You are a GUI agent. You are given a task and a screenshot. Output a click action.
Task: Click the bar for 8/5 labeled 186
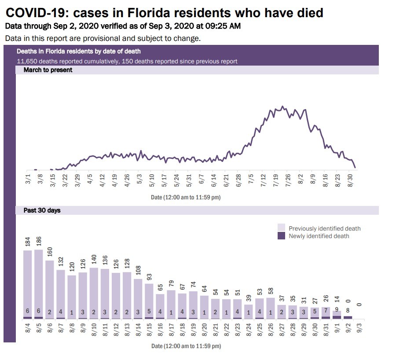tap(39, 284)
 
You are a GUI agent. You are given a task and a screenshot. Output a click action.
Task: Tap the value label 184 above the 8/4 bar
tap(28, 242)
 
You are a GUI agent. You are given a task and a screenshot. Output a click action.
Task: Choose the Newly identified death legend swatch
tap(282, 236)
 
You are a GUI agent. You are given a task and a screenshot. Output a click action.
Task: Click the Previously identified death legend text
tap(324, 228)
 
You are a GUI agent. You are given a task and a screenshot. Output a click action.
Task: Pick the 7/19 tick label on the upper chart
tap(277, 180)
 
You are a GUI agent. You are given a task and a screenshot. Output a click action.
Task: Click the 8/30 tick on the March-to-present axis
tap(351, 180)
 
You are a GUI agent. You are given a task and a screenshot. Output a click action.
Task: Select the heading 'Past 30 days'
tap(42, 210)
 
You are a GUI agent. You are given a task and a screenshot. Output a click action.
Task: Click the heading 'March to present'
tap(48, 70)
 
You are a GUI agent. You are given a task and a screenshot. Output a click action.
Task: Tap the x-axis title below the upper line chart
tap(185, 198)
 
